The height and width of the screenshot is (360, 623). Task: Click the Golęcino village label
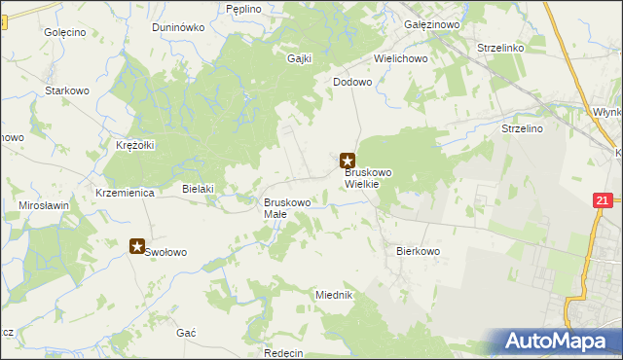tap(65, 32)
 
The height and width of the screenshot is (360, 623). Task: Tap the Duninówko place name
tap(178, 27)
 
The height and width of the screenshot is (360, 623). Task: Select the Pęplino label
tap(243, 9)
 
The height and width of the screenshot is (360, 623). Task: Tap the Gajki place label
tap(299, 57)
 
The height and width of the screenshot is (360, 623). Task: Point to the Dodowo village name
tap(352, 83)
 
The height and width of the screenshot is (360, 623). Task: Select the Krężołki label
tap(135, 145)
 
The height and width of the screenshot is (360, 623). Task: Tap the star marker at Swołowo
tap(138, 247)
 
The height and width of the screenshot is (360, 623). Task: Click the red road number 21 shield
tap(602, 200)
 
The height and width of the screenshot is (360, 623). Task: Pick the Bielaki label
tap(198, 189)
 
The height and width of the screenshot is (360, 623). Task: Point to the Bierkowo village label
tap(420, 250)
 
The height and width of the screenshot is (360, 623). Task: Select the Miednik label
tap(333, 294)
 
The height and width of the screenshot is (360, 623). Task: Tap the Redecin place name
tap(283, 352)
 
